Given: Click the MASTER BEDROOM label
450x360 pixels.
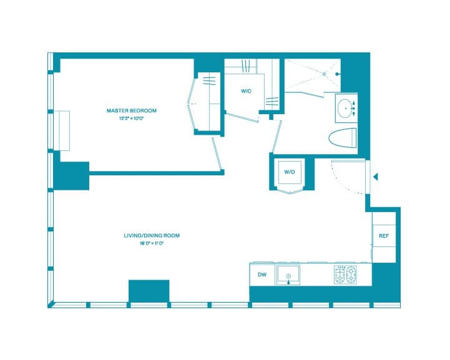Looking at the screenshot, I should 131,110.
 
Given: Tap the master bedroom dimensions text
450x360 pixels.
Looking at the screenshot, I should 131,118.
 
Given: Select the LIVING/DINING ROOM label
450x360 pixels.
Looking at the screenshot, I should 152,235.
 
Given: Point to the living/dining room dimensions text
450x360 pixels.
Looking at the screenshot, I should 152,243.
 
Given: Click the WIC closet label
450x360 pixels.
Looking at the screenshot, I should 246,91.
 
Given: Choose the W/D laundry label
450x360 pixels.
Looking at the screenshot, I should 290,172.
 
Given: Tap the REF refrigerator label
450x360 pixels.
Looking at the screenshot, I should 383,236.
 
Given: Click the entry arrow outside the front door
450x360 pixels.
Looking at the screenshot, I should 376,177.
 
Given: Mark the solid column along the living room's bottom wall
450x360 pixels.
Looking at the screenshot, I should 149,291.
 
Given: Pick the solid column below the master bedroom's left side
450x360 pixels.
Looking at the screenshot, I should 71,175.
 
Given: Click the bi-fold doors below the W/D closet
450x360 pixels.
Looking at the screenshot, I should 290,191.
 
